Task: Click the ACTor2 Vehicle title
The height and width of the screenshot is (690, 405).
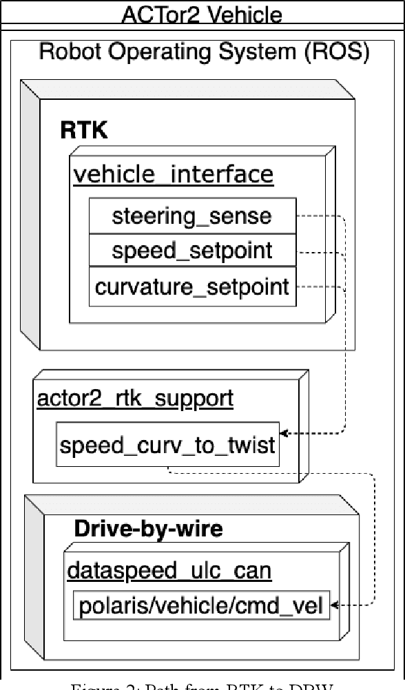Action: (x=202, y=13)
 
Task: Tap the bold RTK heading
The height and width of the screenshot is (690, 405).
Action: (x=83, y=130)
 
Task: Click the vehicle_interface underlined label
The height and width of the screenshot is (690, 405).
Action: (x=173, y=174)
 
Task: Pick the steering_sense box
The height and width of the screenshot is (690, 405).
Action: (x=192, y=216)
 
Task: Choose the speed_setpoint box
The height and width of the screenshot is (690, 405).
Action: (x=192, y=251)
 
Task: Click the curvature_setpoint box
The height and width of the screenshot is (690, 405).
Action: (x=192, y=286)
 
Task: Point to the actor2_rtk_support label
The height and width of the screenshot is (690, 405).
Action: (x=135, y=398)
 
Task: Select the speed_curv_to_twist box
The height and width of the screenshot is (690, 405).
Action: (x=167, y=445)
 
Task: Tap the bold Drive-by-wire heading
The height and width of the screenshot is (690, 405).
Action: (x=148, y=528)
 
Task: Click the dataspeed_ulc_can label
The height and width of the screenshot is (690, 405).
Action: (x=169, y=570)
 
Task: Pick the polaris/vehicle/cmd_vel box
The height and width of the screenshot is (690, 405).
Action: (x=201, y=606)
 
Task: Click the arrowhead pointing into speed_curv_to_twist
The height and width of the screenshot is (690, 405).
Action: (x=284, y=433)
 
